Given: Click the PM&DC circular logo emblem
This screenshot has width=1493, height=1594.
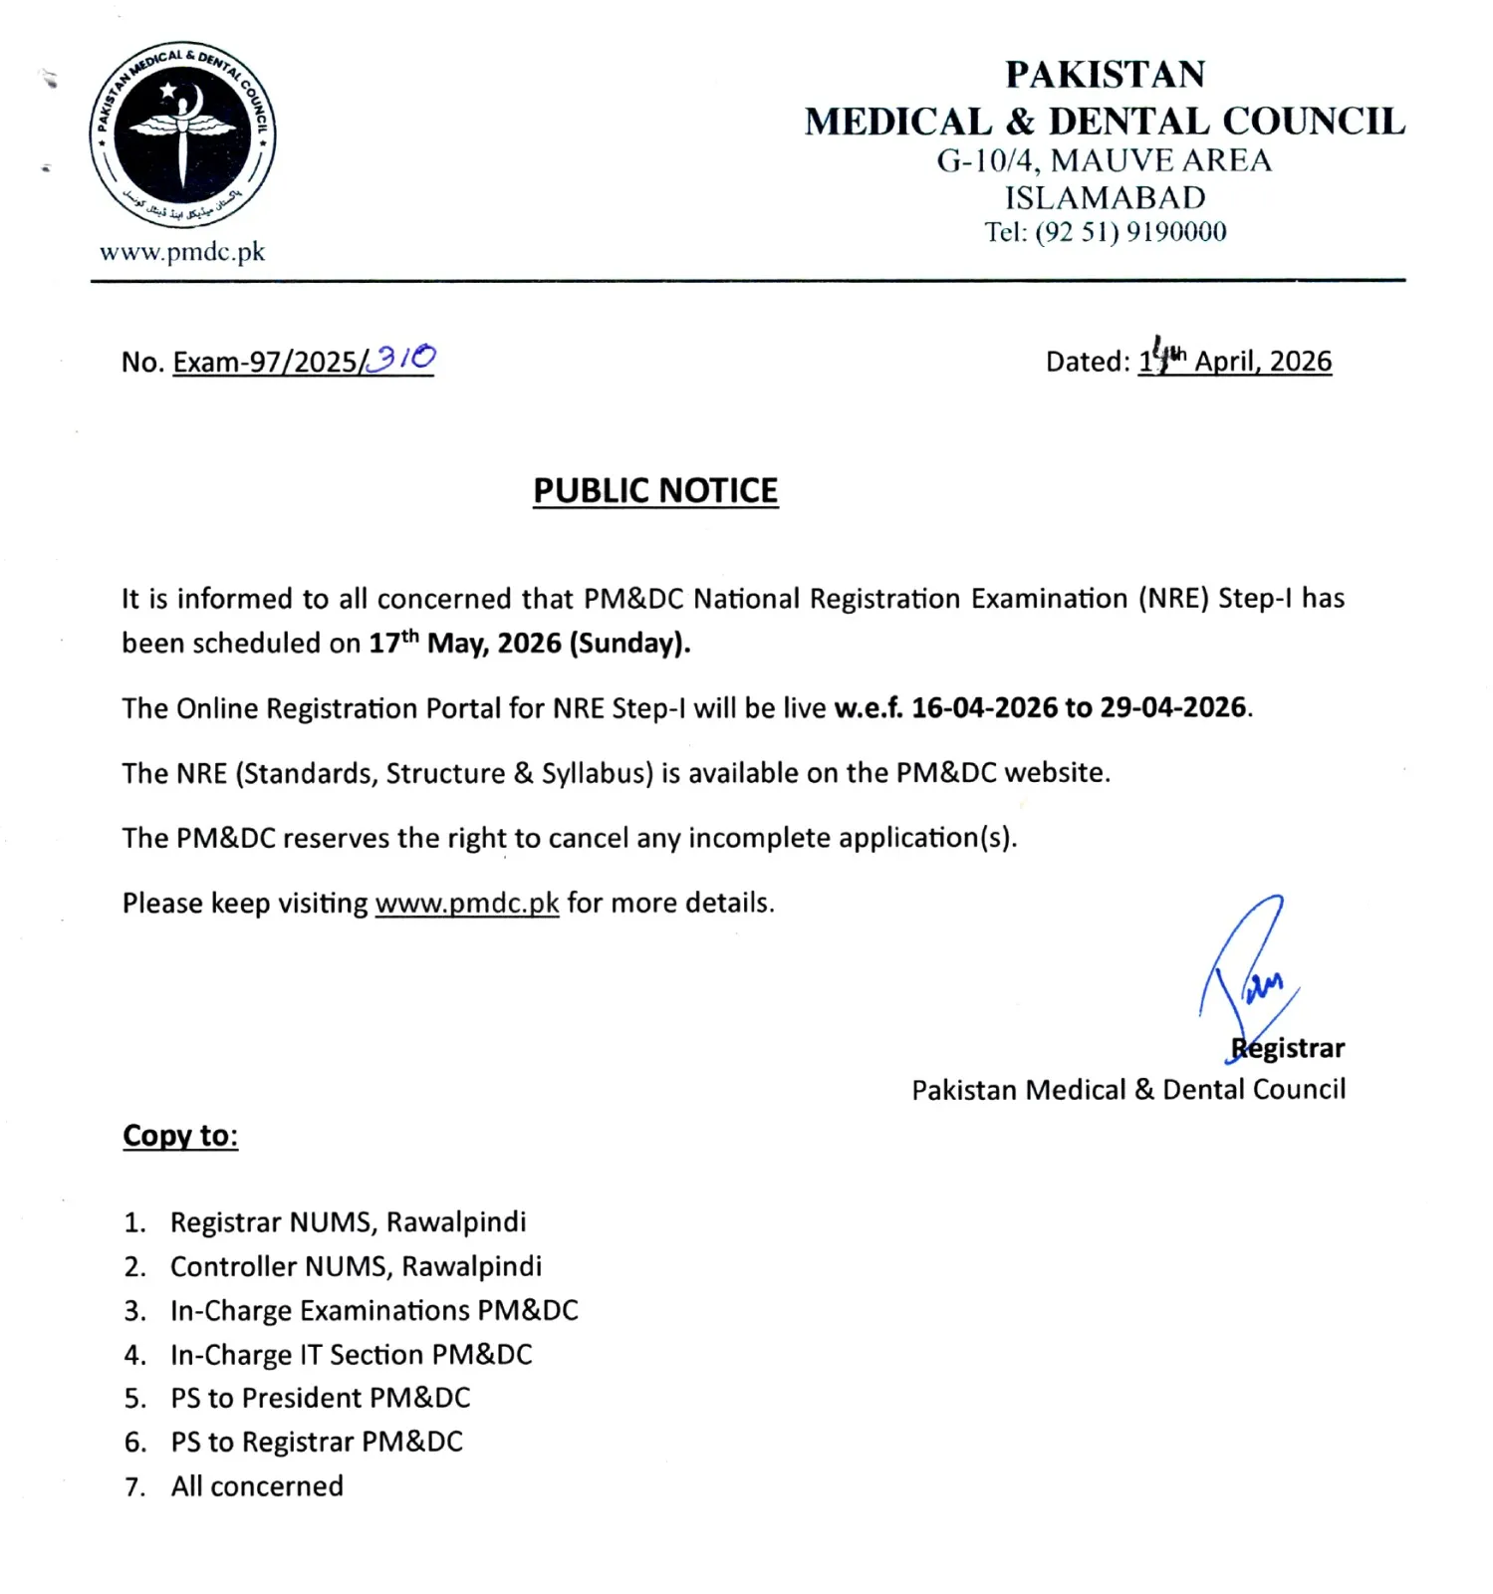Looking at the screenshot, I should (182, 135).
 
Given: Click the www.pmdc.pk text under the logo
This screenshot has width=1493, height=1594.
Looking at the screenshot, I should (182, 252).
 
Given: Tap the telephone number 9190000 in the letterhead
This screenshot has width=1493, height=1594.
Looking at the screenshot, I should (1176, 232).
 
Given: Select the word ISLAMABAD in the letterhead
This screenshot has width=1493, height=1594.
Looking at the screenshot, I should (1105, 197).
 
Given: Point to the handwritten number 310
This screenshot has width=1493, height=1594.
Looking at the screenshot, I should (402, 358).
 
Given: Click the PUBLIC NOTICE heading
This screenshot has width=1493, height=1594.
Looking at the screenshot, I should (655, 490).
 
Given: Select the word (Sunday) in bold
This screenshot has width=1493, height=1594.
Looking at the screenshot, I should (629, 643).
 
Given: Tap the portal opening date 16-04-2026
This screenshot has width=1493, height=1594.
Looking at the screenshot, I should (984, 707).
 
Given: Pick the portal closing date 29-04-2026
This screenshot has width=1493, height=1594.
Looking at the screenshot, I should (1173, 707).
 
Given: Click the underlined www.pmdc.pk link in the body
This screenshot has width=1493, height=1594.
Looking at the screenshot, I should (466, 903).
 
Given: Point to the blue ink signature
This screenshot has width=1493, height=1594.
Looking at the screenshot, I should (1250, 971).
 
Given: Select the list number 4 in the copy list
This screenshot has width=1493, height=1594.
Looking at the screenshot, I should (134, 1355).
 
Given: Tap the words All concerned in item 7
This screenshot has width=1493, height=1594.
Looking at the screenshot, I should (257, 1485).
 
